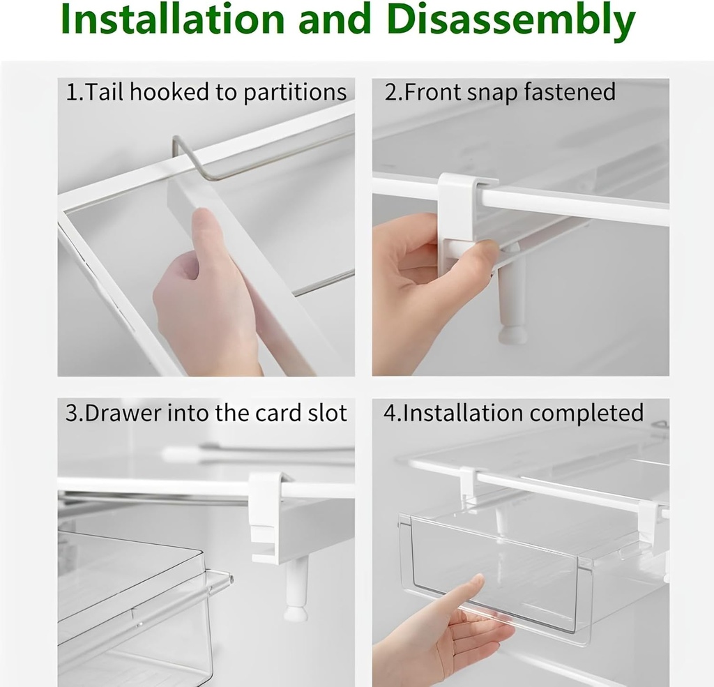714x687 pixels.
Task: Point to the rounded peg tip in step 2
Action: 512,335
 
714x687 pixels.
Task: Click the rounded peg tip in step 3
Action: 296,612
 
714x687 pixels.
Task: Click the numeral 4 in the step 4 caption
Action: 389,413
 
